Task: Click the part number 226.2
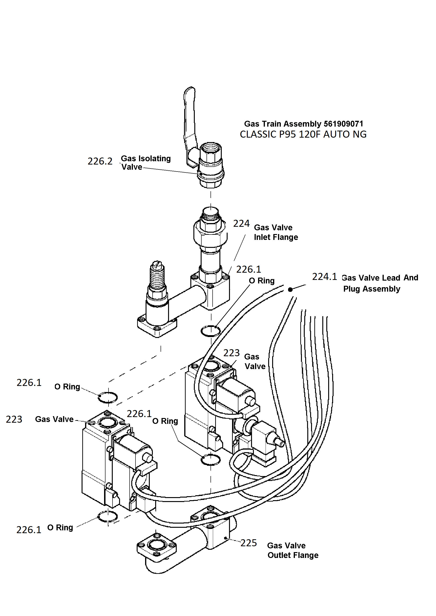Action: pyautogui.click(x=100, y=161)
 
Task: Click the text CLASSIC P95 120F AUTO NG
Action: pyautogui.click(x=303, y=134)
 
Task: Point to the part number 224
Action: pyautogui.click(x=241, y=224)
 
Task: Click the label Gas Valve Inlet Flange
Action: pyautogui.click(x=276, y=232)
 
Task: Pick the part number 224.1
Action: pyautogui.click(x=324, y=277)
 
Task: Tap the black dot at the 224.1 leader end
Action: pyautogui.click(x=290, y=290)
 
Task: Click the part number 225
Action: pyautogui.click(x=248, y=543)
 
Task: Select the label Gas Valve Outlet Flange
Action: pyautogui.click(x=293, y=550)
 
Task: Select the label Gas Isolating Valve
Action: pyautogui.click(x=146, y=163)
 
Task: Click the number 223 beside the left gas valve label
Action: pyautogui.click(x=14, y=419)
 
